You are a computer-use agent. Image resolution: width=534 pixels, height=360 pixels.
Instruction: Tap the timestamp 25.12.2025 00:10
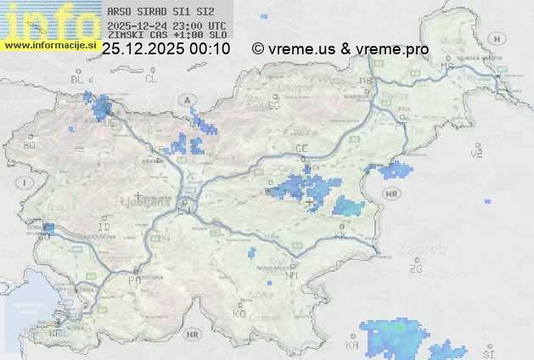tap(166, 49)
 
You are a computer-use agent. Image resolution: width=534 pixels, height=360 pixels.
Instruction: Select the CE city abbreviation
tap(301, 149)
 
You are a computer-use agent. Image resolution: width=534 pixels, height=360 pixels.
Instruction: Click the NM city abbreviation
tap(293, 275)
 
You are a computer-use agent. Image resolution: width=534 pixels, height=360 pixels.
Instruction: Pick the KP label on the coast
tap(55, 334)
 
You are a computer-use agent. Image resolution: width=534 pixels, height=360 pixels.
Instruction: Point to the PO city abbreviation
tap(133, 280)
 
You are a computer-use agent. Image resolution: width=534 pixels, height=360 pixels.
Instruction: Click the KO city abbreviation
tap(239, 313)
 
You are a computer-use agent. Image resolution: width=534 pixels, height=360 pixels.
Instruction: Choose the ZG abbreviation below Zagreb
tap(415, 269)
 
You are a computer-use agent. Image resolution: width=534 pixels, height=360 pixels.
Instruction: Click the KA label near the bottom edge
tap(352, 346)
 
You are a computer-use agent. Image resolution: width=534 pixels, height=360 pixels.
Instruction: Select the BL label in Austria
tap(78, 79)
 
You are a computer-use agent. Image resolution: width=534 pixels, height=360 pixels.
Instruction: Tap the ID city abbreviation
tap(104, 228)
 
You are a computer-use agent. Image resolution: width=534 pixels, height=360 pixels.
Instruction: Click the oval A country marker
tap(185, 99)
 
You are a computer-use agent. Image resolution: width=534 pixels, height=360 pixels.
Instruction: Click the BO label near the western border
tap(30, 145)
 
